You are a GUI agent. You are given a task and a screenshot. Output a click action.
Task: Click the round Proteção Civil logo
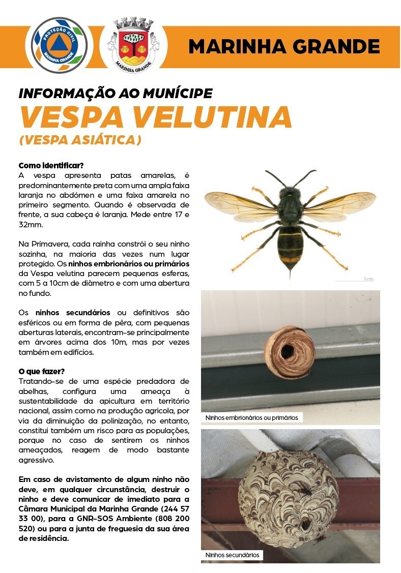click(60, 45)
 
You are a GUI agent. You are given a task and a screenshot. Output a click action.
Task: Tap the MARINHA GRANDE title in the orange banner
click(284, 47)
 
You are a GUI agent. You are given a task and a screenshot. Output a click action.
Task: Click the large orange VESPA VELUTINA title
click(155, 117)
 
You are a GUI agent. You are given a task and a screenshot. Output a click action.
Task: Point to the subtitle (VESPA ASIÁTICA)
click(80, 140)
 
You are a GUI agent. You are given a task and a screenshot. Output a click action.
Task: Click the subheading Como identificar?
click(51, 166)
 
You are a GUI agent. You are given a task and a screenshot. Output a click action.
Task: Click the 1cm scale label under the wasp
click(368, 279)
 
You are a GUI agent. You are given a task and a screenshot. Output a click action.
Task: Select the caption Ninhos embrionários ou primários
click(251, 418)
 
